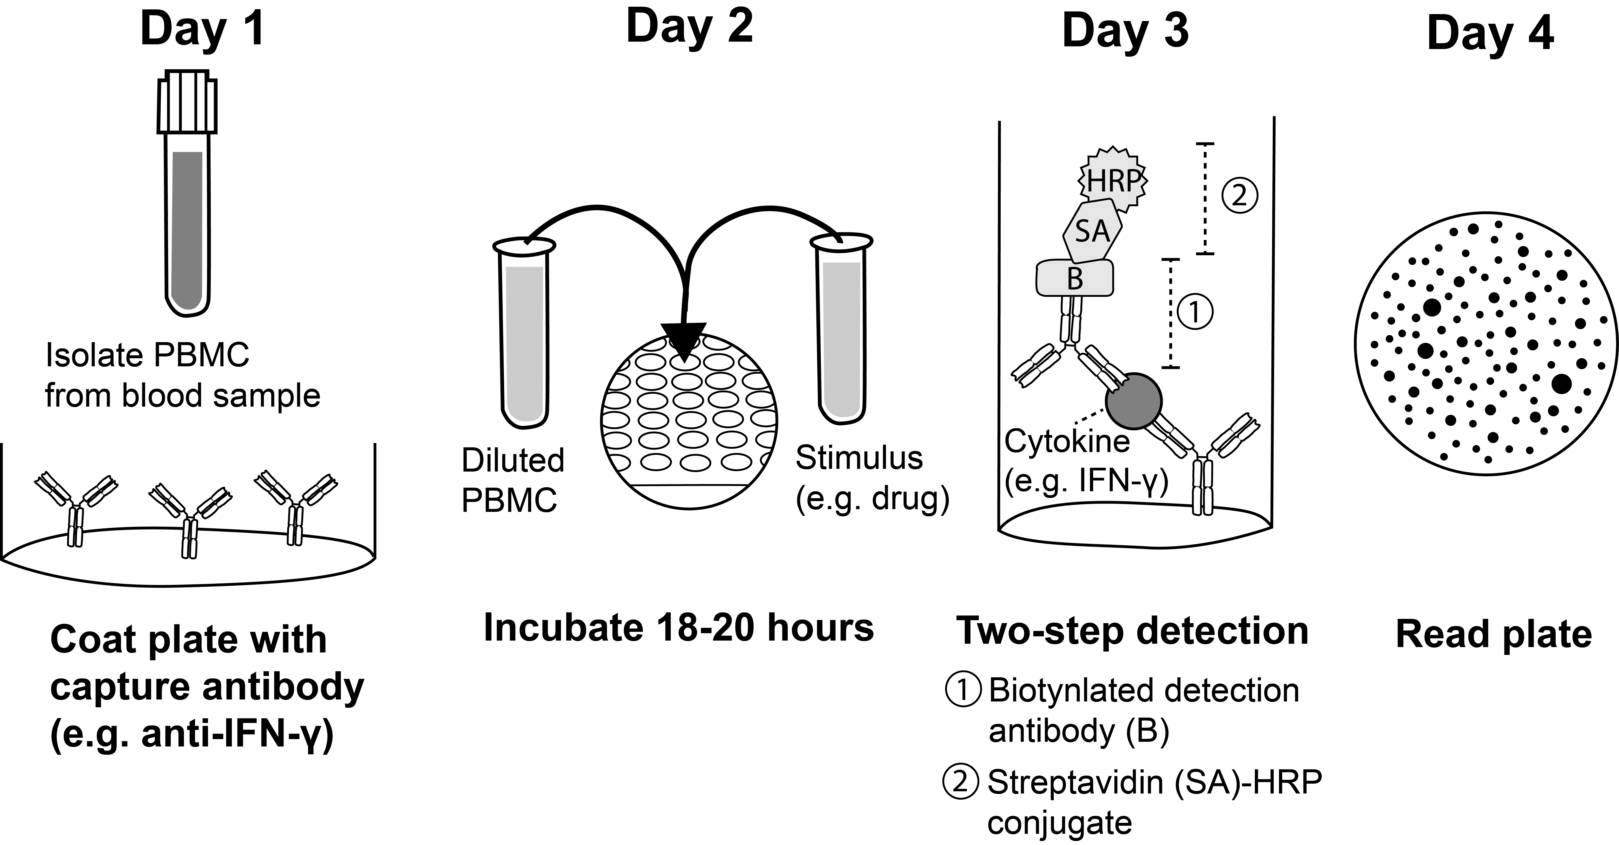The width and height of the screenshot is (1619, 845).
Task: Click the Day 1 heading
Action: coord(202,30)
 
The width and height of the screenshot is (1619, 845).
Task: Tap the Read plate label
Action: coord(1493,635)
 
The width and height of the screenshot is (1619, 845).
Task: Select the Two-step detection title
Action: coord(1133,631)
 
